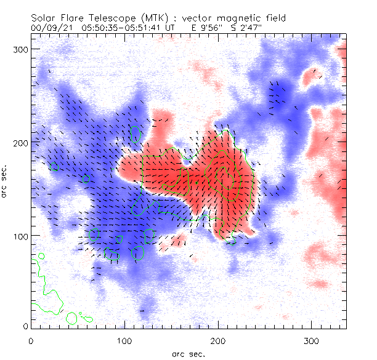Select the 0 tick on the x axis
click(31, 340)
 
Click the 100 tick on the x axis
click(124, 340)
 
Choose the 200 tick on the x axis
click(218, 340)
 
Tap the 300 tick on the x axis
click(311, 340)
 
